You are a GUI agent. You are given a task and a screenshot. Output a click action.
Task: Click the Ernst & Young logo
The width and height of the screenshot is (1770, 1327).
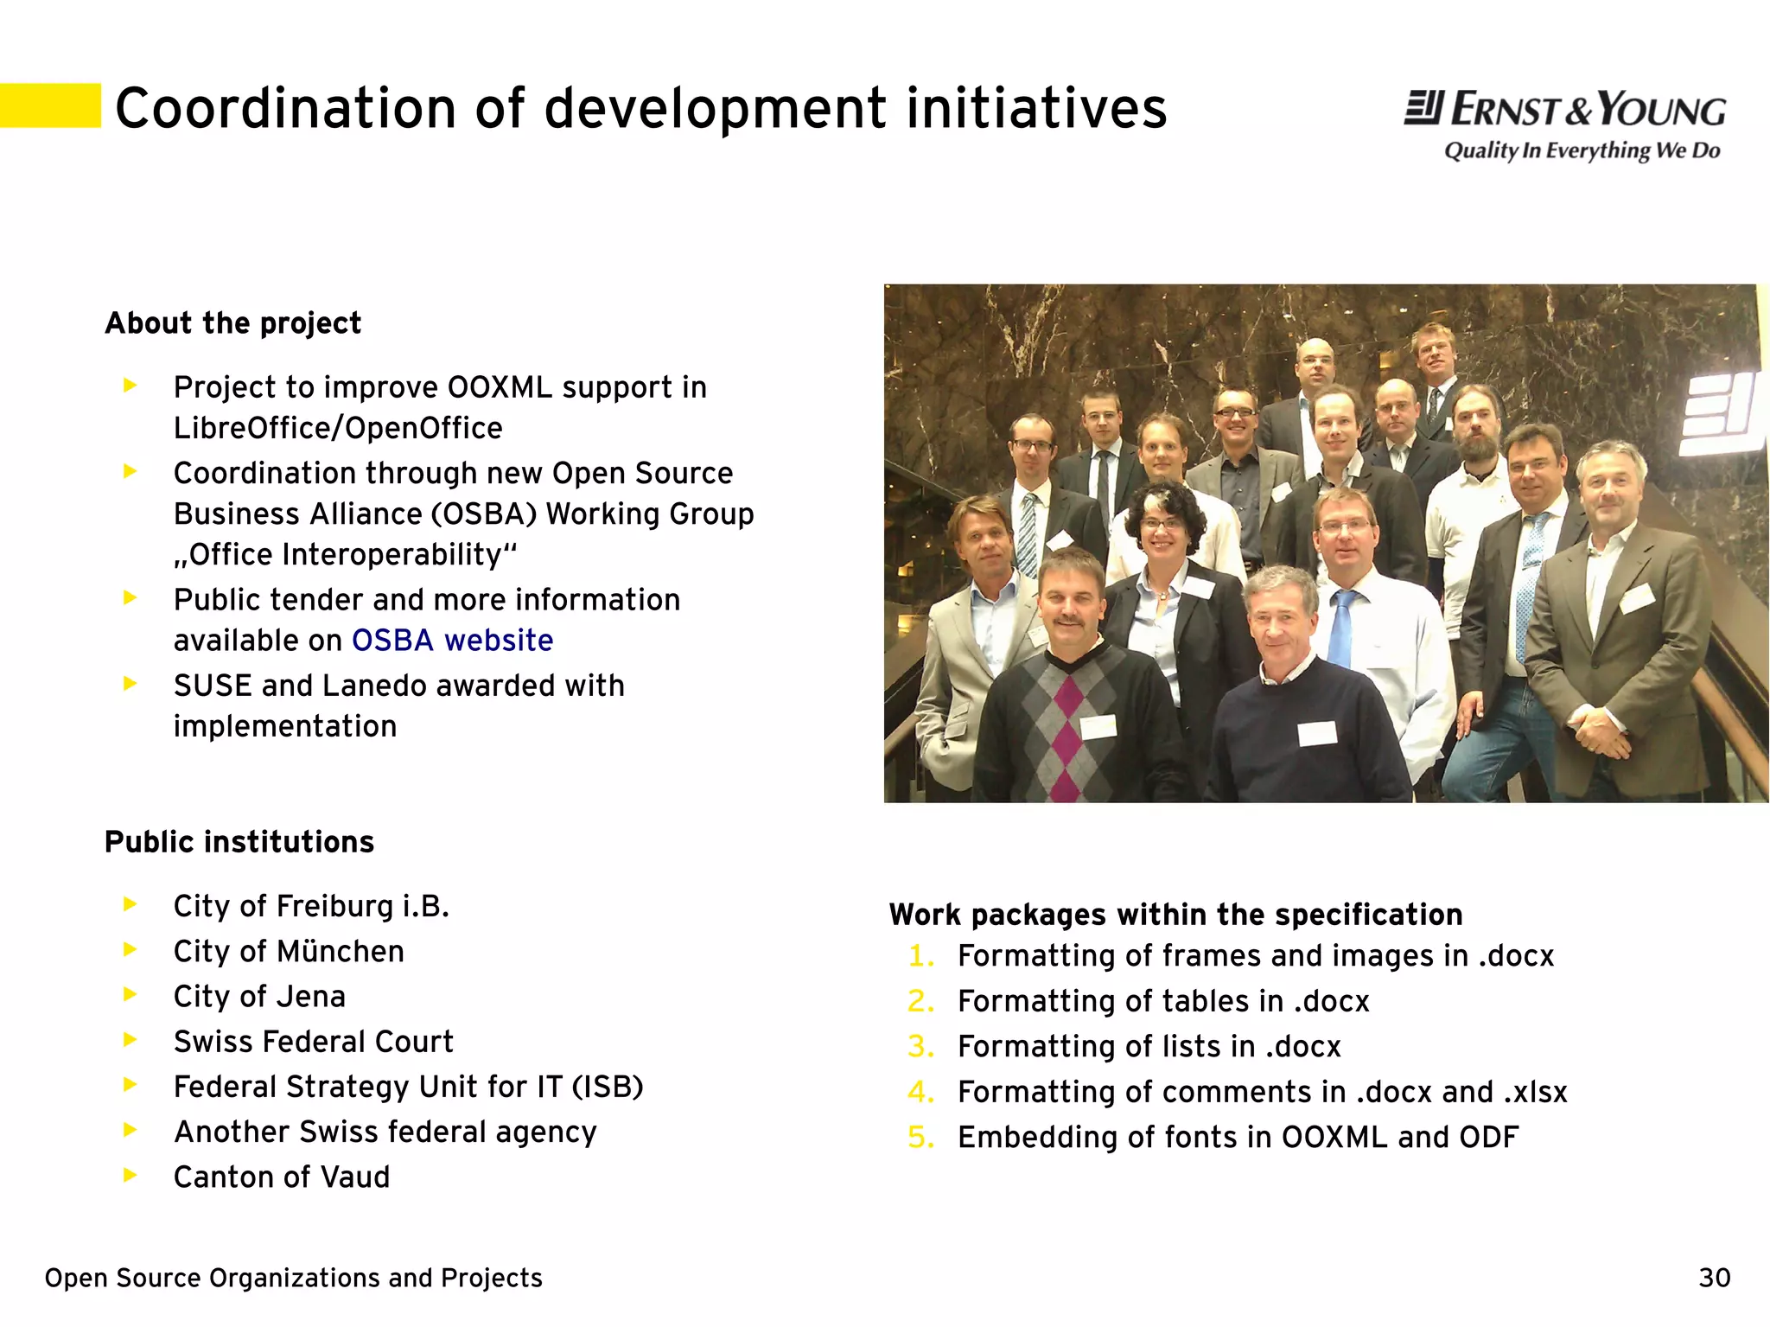(x=1564, y=110)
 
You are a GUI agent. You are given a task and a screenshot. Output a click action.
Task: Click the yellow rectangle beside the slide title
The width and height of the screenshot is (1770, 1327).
(x=50, y=105)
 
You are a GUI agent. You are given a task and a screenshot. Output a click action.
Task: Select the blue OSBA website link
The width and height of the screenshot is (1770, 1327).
(x=452, y=641)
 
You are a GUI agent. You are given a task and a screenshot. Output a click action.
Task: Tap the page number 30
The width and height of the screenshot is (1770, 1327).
(x=1714, y=1278)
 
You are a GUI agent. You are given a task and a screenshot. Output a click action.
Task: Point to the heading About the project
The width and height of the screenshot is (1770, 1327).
(x=232, y=323)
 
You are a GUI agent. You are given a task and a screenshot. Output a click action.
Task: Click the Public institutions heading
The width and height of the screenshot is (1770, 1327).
(x=239, y=842)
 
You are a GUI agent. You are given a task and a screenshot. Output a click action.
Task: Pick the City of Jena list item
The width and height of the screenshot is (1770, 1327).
(x=259, y=997)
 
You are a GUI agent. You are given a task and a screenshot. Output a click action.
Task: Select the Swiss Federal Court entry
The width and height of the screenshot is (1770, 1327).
(x=313, y=1042)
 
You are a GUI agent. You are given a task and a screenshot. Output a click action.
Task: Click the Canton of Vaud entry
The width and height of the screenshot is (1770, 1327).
(x=282, y=1177)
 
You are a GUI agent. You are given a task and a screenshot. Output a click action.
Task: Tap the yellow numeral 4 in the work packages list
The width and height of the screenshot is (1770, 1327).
(x=920, y=1093)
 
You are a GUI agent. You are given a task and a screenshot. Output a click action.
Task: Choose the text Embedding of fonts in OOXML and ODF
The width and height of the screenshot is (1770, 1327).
(x=1238, y=1138)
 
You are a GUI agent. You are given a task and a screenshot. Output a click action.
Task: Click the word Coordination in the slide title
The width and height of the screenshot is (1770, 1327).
(x=285, y=109)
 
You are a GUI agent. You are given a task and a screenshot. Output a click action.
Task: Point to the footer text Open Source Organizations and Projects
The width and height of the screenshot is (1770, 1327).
(x=293, y=1278)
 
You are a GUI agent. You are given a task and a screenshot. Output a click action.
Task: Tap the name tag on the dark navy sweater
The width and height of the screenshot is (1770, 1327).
(x=1317, y=733)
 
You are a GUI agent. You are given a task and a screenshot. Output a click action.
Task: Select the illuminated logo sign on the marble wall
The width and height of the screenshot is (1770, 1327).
(x=1720, y=414)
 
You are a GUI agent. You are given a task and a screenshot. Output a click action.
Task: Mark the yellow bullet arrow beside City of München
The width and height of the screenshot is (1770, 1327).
(x=131, y=950)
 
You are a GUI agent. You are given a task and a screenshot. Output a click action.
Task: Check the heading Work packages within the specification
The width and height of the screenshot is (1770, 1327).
(x=1175, y=915)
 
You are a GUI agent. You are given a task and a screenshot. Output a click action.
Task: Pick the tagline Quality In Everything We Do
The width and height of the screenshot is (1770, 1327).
(x=1582, y=151)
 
